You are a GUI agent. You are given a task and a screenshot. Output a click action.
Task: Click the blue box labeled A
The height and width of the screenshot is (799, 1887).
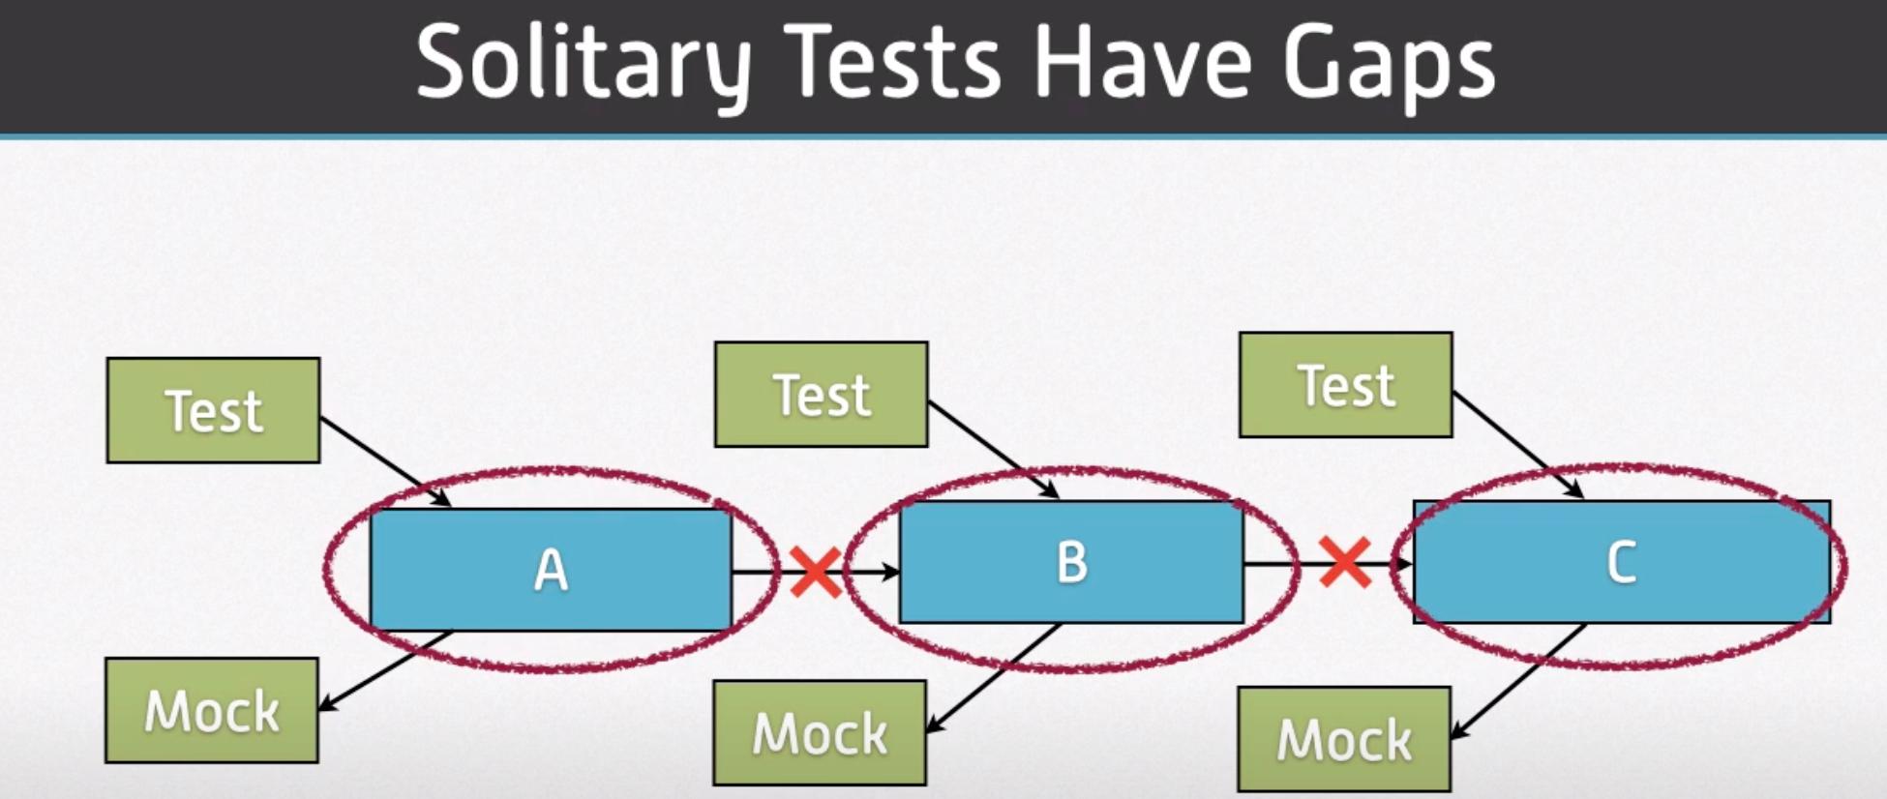[551, 570]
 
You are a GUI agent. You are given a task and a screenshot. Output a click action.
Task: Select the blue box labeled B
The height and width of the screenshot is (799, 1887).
[1071, 562]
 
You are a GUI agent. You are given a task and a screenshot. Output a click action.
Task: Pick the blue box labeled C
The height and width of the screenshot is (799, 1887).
[1622, 562]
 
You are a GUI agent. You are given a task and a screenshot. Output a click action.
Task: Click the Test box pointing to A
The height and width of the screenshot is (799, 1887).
[213, 410]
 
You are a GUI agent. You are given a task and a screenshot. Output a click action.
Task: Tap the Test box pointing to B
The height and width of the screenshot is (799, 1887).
[822, 395]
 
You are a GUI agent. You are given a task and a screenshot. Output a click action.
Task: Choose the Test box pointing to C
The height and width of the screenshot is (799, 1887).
[1346, 385]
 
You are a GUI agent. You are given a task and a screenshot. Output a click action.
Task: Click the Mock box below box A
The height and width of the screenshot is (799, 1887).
[212, 711]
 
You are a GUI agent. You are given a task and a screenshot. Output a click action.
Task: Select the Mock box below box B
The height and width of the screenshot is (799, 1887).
[820, 733]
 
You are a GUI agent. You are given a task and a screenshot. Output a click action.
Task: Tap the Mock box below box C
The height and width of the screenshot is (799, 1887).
[1344, 740]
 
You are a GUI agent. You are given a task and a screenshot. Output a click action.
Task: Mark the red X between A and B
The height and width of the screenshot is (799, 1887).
[816, 571]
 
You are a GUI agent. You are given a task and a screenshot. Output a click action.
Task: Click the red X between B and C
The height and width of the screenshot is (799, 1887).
[1345, 563]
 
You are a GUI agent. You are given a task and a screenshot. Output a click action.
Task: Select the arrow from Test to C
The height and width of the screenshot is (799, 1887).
[1518, 445]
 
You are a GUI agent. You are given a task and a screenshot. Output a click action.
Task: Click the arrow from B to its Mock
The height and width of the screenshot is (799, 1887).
[994, 678]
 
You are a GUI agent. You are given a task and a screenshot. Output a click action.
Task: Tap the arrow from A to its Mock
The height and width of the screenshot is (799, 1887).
[385, 671]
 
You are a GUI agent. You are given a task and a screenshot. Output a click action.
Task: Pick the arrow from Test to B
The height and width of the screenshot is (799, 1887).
[994, 450]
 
